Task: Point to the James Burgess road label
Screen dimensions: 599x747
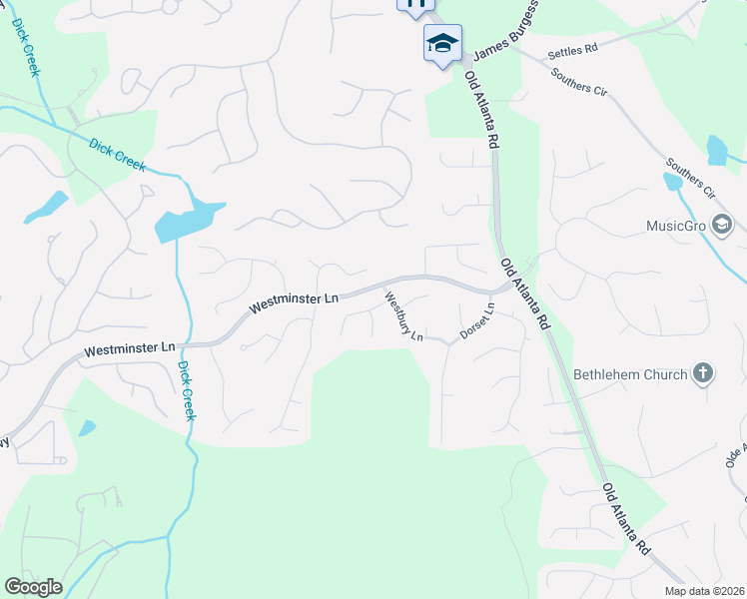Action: [505, 31]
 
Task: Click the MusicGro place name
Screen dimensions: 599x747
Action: [676, 226]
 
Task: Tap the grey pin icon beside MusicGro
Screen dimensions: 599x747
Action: [721, 226]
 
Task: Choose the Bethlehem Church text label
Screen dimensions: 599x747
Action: [630, 374]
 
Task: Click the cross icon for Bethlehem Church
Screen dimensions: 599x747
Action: [704, 373]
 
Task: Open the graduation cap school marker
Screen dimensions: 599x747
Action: [442, 43]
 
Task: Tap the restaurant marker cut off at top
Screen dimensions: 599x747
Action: [415, 4]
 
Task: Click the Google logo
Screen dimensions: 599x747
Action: [33, 587]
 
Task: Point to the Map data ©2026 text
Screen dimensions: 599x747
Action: [705, 591]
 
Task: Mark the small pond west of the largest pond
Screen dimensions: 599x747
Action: [46, 207]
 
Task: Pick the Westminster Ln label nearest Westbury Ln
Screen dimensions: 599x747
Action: [295, 299]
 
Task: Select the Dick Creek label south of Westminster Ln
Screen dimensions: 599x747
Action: [186, 390]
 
